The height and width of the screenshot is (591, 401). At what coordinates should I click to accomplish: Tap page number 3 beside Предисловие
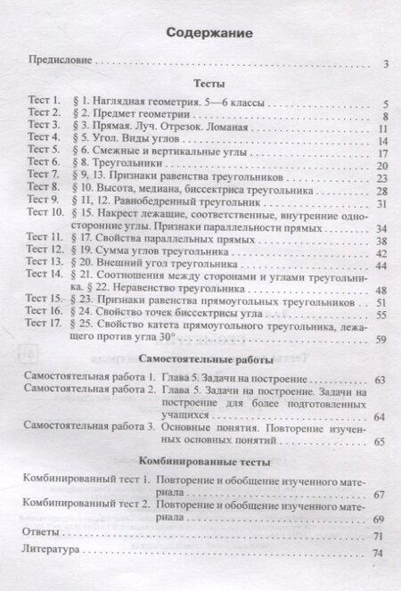[x=384, y=63]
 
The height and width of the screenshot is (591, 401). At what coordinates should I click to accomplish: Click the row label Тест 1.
[x=41, y=103]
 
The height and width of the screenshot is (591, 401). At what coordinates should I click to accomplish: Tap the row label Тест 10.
[x=42, y=214]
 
